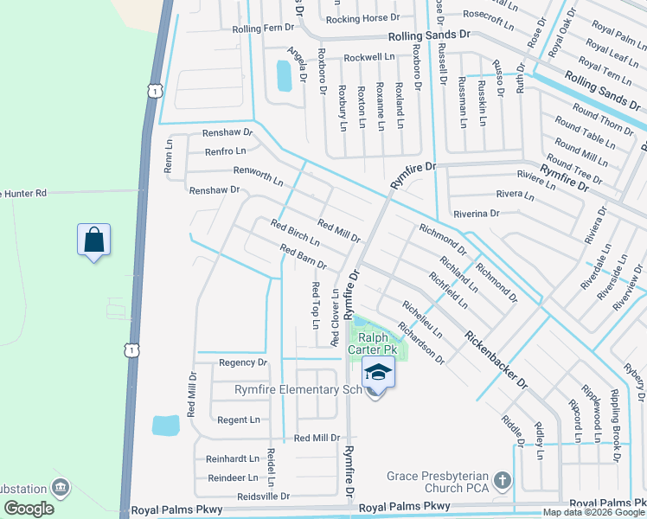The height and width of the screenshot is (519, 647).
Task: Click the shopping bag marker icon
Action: (93, 240)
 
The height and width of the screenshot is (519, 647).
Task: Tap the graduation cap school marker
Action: (378, 372)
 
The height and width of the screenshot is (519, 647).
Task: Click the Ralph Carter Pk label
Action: (373, 343)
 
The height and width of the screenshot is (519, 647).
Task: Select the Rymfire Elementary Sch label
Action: (298, 390)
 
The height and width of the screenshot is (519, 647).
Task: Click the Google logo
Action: (29, 509)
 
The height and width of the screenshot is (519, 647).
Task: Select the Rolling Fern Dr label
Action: (264, 29)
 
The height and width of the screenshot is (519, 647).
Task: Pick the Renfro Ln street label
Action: (226, 151)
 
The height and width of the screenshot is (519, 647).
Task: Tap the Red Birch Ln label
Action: (296, 233)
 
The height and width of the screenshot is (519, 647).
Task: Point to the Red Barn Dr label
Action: (303, 257)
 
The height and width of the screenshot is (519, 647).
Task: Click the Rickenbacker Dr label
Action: (495, 359)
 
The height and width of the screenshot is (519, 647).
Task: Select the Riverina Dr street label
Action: (476, 213)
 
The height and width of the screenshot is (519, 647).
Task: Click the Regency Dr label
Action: (243, 362)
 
